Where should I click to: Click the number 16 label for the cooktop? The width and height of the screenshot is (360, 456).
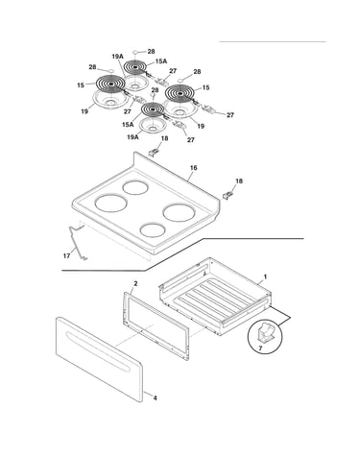click(193, 168)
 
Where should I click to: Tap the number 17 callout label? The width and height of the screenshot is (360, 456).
click(66, 255)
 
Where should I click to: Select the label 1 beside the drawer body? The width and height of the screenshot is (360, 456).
click(265, 276)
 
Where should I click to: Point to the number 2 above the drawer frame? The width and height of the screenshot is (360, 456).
click(135, 283)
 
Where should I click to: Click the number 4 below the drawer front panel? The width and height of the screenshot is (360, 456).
click(155, 398)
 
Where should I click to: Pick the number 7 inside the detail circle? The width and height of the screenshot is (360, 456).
click(260, 348)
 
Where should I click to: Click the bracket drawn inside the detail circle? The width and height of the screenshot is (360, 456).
click(265, 333)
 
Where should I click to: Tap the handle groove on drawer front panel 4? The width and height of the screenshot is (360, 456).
click(98, 351)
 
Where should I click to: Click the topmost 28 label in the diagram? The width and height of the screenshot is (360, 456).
click(151, 51)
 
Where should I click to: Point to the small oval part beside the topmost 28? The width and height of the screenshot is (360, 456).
click(135, 51)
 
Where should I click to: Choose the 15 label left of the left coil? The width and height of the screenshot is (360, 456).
click(81, 85)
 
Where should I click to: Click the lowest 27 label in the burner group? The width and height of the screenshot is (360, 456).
click(191, 140)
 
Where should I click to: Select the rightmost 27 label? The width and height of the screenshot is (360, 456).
click(230, 115)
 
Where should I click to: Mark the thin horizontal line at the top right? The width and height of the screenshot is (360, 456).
click(273, 41)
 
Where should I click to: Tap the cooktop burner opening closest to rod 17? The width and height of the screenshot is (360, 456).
click(111, 204)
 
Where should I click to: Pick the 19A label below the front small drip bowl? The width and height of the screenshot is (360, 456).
click(132, 137)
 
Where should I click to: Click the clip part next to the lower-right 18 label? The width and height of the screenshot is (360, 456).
click(228, 195)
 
